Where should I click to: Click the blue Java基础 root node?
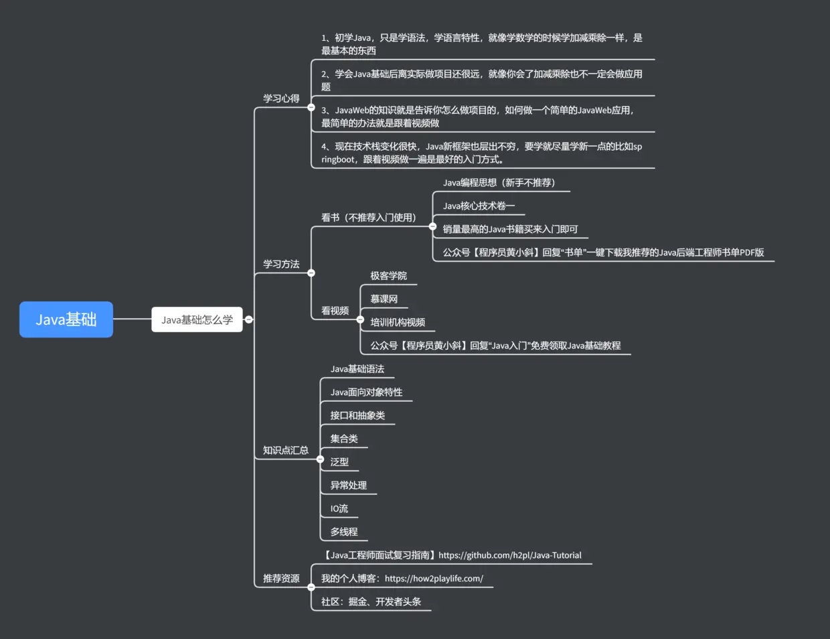(x=66, y=319)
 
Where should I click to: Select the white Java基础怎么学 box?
(x=197, y=319)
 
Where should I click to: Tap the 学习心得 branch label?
(x=281, y=98)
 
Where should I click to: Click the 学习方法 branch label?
(x=281, y=264)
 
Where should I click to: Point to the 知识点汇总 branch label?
(x=285, y=450)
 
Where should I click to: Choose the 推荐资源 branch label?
(x=281, y=578)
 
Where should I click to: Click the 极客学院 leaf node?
(x=388, y=276)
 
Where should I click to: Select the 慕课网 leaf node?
(x=384, y=299)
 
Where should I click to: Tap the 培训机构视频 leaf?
(x=398, y=322)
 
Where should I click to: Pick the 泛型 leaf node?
(x=339, y=461)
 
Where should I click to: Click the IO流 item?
(x=339, y=508)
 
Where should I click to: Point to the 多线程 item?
(x=344, y=532)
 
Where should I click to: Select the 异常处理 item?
(x=348, y=485)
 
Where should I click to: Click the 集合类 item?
(x=344, y=439)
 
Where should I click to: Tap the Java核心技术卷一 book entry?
(x=479, y=206)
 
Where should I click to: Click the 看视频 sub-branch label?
(x=335, y=311)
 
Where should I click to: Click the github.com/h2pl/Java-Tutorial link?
(x=510, y=555)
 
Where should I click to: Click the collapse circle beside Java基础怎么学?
(x=249, y=319)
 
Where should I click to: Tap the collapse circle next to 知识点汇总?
(x=320, y=459)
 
